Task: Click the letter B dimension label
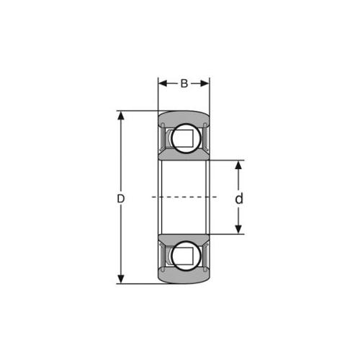click(x=184, y=84)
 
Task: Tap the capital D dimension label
click(x=121, y=199)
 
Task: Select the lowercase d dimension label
click(x=239, y=199)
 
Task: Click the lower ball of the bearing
click(x=186, y=256)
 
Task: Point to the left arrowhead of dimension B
click(x=163, y=84)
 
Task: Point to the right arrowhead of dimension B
click(x=205, y=84)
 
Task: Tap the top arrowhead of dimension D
click(x=121, y=115)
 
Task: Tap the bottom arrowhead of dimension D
click(x=121, y=279)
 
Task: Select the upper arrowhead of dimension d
click(x=238, y=165)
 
